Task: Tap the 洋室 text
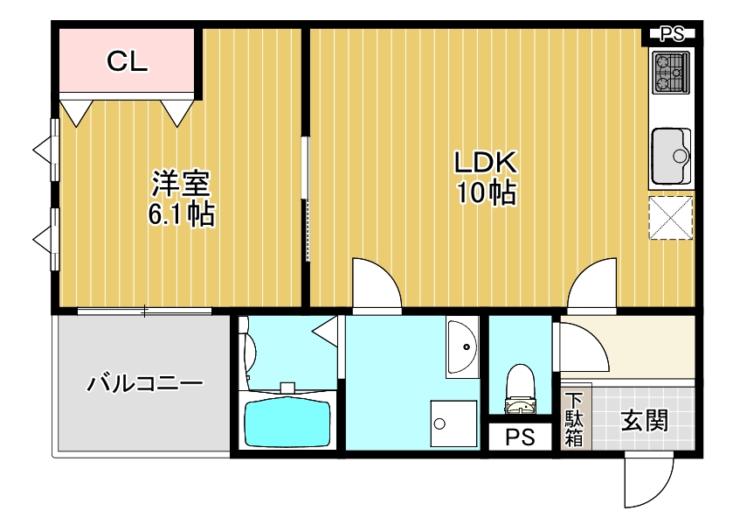(182, 184)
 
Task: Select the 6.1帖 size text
(182, 214)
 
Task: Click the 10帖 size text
(486, 192)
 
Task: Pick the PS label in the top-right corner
(671, 35)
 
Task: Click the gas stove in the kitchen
(671, 73)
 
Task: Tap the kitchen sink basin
(671, 156)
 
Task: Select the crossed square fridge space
(671, 217)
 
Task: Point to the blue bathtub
(288, 423)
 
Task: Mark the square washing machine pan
(453, 424)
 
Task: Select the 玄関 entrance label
(645, 421)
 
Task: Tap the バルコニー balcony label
(145, 383)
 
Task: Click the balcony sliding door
(145, 311)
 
